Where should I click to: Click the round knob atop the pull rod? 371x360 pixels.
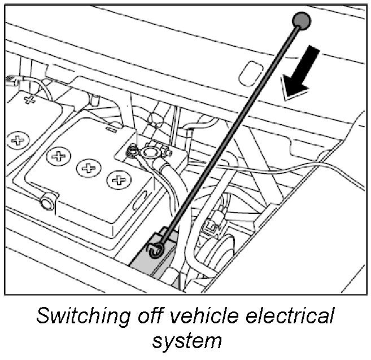[x=300, y=21]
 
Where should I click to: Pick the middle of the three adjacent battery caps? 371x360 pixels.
[x=88, y=168]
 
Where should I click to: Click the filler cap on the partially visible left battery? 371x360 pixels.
[x=18, y=139]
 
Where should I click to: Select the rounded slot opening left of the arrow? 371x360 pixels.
[x=247, y=72]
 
